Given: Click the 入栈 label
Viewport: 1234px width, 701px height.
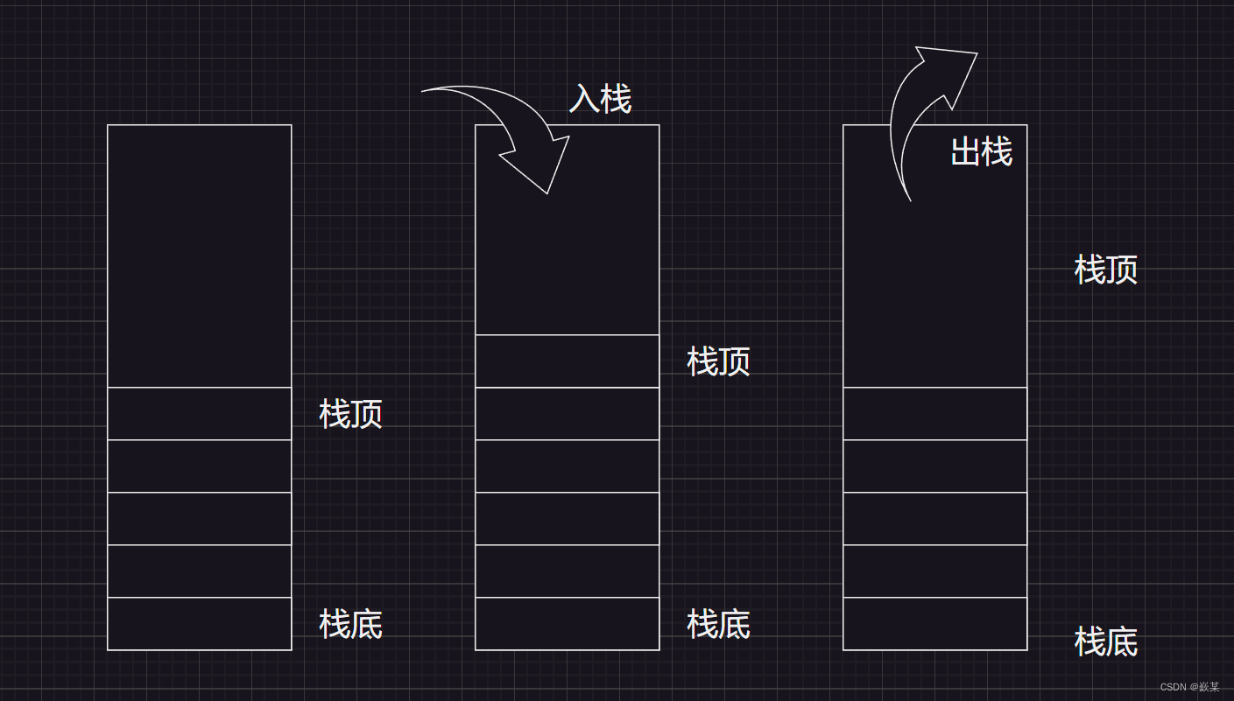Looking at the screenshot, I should (600, 99).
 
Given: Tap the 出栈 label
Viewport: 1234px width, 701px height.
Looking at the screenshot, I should (981, 152).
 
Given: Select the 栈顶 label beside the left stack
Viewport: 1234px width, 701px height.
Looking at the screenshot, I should (350, 414).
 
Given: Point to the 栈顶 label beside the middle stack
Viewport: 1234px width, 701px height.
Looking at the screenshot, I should (718, 361).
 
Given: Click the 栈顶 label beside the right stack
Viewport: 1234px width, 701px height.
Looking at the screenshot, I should (1105, 270).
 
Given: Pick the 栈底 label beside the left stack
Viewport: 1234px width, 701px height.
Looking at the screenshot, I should (350, 624).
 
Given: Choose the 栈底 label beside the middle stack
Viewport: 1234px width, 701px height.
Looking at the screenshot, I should (718, 624).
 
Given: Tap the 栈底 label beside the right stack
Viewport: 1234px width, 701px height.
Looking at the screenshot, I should (1105, 641).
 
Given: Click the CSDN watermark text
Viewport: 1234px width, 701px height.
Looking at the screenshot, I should (1189, 687).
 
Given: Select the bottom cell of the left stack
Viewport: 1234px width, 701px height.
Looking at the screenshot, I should (199, 624).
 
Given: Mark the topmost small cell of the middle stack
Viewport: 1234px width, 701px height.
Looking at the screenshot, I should (567, 361).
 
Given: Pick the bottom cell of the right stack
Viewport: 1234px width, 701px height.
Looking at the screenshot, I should (934, 624).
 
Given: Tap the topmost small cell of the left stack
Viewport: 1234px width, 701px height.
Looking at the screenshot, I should (199, 414).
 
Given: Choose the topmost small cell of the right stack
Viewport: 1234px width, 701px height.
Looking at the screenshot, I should (934, 414).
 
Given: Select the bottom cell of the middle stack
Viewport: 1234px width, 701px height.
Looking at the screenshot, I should (567, 624).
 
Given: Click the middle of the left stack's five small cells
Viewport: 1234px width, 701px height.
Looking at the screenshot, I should (199, 519).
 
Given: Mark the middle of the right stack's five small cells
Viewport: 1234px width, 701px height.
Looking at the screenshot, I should (934, 519).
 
